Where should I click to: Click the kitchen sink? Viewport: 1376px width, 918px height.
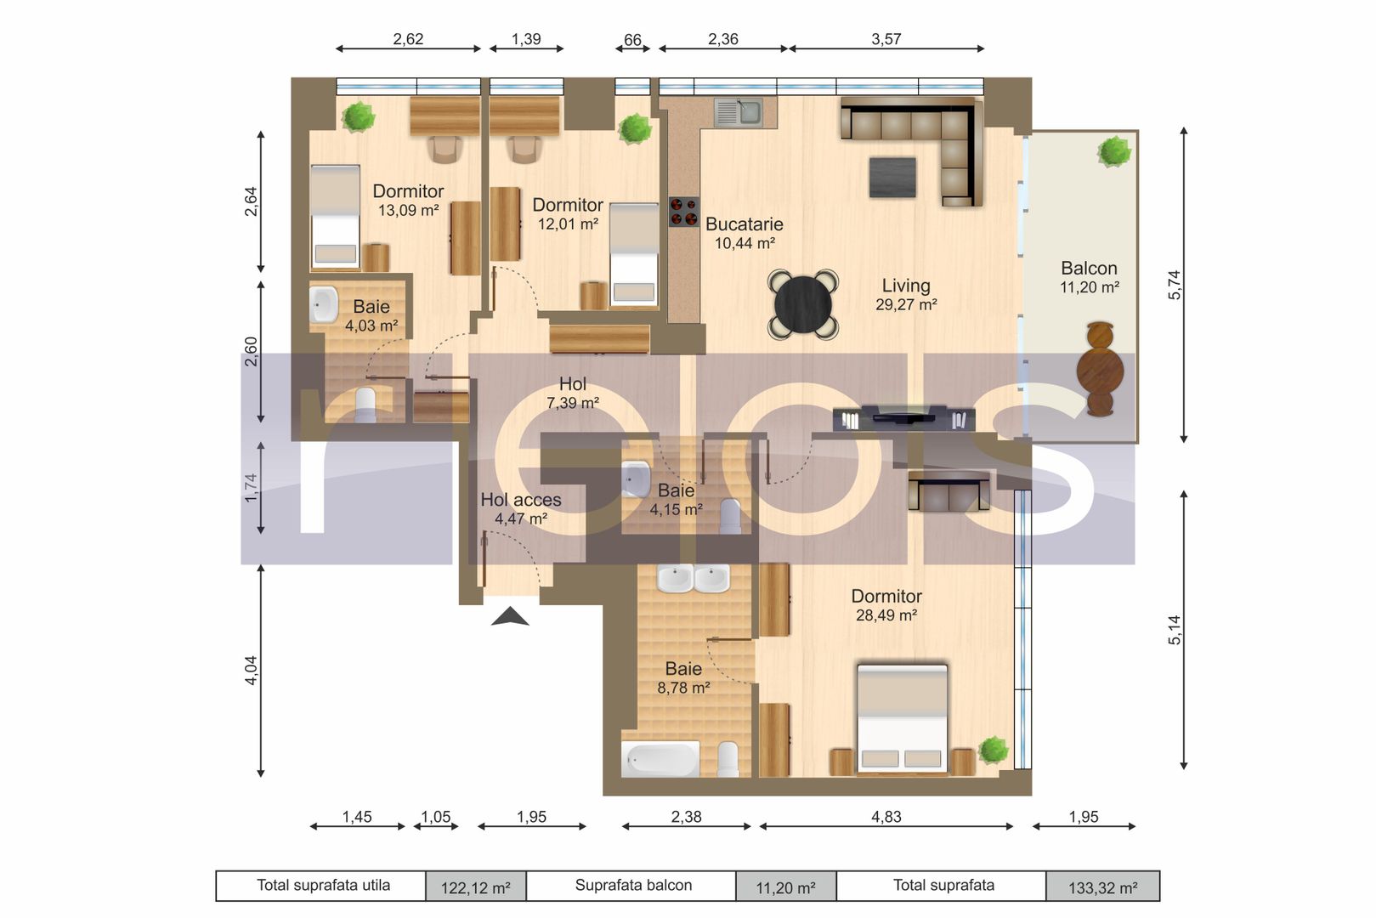[739, 112]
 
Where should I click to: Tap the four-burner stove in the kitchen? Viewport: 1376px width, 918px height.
[683, 212]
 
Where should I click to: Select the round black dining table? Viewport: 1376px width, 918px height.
[803, 305]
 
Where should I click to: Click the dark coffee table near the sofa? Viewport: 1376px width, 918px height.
[892, 178]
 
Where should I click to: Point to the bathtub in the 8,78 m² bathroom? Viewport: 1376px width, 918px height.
[660, 759]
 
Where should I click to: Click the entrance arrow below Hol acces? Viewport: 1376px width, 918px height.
[510, 616]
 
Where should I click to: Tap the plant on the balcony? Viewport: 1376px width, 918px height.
[1114, 151]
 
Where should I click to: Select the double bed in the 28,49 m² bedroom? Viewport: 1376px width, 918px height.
[902, 717]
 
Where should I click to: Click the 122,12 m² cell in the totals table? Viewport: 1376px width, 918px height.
[476, 887]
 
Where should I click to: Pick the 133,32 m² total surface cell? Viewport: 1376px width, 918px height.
[1102, 887]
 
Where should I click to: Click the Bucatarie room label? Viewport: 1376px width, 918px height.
[744, 224]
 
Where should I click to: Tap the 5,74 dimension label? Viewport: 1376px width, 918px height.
[1174, 285]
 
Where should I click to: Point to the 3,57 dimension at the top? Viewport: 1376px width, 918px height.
[886, 39]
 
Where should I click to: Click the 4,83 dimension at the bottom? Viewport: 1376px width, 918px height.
[886, 817]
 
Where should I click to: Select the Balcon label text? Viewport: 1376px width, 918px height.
[1089, 268]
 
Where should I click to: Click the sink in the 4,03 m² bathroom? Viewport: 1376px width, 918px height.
[323, 304]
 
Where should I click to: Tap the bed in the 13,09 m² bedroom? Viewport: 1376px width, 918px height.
[335, 217]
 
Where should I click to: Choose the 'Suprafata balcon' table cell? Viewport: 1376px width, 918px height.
[632, 886]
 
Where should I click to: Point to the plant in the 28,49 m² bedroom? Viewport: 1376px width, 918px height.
[993, 751]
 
